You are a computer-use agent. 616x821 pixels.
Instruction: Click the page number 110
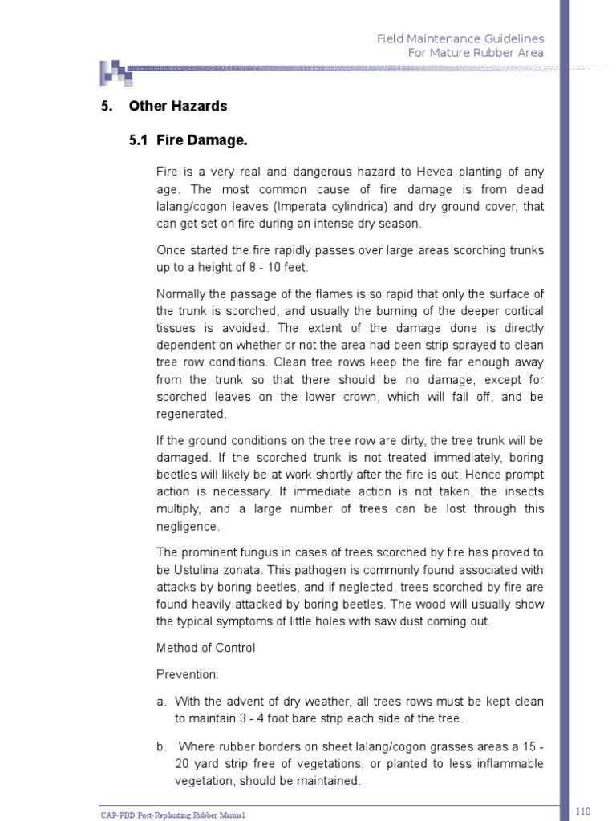[x=583, y=812]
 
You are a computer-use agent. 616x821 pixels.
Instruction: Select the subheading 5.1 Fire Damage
[x=188, y=140]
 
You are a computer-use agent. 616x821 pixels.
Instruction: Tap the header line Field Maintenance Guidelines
[x=460, y=38]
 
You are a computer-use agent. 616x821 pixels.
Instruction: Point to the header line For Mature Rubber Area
[x=475, y=53]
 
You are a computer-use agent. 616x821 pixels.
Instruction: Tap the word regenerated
[x=192, y=414]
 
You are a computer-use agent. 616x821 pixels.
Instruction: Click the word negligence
[x=188, y=526]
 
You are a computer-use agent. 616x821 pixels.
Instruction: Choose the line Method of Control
[x=205, y=647]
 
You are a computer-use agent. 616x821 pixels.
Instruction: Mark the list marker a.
[x=160, y=702]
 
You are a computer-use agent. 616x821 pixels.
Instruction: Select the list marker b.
[x=160, y=746]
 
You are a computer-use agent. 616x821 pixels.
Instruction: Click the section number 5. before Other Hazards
[x=105, y=106]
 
